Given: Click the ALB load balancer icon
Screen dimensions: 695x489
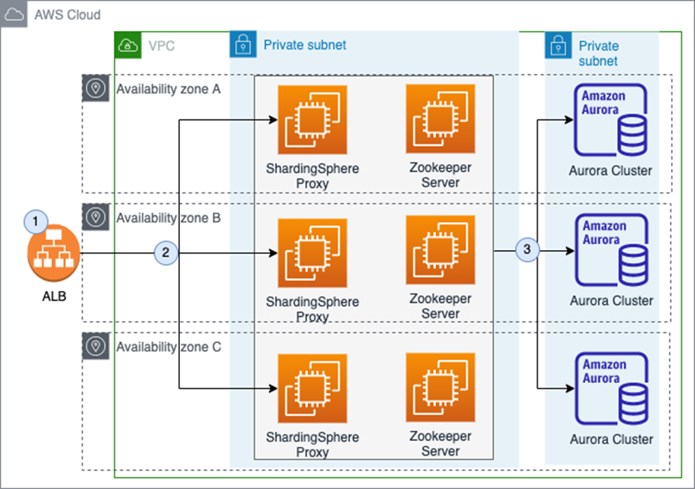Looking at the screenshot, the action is [53, 253].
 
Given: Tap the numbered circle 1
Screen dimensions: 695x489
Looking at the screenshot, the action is [36, 221].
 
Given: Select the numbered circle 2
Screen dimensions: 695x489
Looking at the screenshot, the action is [166, 253].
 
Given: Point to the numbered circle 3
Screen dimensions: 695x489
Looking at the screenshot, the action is [527, 249].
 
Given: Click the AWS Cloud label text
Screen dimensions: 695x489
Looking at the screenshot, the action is [67, 14].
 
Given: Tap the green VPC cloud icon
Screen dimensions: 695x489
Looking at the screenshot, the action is [128, 45].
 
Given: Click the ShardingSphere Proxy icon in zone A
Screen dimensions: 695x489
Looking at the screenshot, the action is [313, 120].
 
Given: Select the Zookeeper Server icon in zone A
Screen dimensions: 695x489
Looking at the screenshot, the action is [441, 119].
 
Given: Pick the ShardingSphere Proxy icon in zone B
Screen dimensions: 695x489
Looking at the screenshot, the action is [313, 253].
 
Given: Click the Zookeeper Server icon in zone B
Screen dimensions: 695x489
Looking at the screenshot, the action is [441, 250].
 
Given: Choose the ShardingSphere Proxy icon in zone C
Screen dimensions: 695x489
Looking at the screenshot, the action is [313, 388].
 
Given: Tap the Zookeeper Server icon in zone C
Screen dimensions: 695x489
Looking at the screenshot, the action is [441, 388].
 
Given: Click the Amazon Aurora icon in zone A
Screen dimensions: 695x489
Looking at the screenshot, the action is [610, 121].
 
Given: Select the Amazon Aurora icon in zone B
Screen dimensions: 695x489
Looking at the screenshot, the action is [612, 250].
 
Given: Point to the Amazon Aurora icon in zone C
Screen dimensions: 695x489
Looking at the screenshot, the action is [612, 389].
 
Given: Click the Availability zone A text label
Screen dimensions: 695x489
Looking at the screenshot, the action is [168, 89].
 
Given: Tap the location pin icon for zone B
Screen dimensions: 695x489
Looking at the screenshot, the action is [96, 217].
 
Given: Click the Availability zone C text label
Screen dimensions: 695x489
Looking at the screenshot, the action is [168, 347].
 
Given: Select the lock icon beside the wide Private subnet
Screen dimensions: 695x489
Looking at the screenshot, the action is [243, 45].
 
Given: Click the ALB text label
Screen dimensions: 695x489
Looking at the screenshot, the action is [54, 296].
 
